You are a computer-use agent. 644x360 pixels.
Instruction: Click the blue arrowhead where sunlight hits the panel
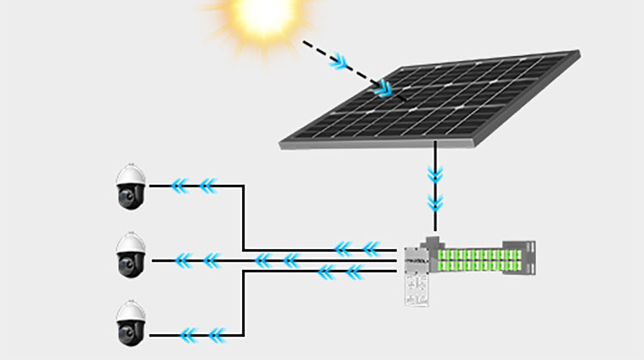386,87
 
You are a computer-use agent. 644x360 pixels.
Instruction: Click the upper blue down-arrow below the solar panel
435,175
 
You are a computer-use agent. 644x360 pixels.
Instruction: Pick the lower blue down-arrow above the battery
435,204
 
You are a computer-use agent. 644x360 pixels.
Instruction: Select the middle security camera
131,254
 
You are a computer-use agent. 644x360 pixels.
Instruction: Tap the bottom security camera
131,324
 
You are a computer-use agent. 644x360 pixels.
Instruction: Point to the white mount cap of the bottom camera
131,304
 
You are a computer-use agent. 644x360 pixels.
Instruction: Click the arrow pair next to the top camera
193,185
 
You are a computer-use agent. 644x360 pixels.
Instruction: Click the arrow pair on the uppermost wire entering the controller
355,249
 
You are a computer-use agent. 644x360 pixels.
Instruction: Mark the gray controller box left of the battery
420,259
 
